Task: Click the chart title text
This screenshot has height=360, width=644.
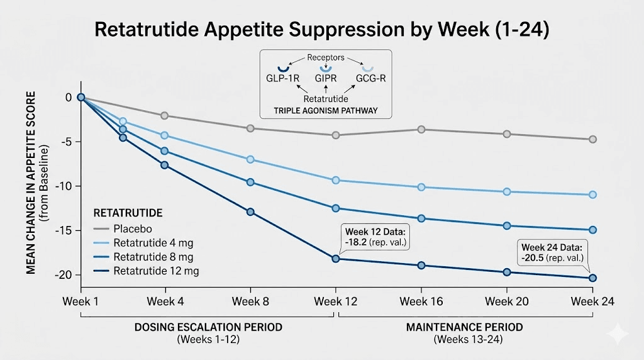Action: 321,30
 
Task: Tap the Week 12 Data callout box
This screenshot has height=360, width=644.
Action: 374,236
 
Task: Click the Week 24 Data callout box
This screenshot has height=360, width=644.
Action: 551,252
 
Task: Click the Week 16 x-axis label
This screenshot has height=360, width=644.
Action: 421,301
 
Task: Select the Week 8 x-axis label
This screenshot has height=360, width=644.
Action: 250,301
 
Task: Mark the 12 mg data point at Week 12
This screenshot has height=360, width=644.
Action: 335,259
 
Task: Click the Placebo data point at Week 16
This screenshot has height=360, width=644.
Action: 421,130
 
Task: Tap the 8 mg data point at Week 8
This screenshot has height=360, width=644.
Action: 250,183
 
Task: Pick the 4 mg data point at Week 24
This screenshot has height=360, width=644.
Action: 592,195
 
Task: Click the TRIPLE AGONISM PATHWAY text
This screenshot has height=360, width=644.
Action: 325,110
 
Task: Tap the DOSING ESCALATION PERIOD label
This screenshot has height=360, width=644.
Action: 208,328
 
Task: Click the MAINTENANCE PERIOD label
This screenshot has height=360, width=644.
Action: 464,328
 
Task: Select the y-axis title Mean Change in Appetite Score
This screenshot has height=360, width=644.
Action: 30,183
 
